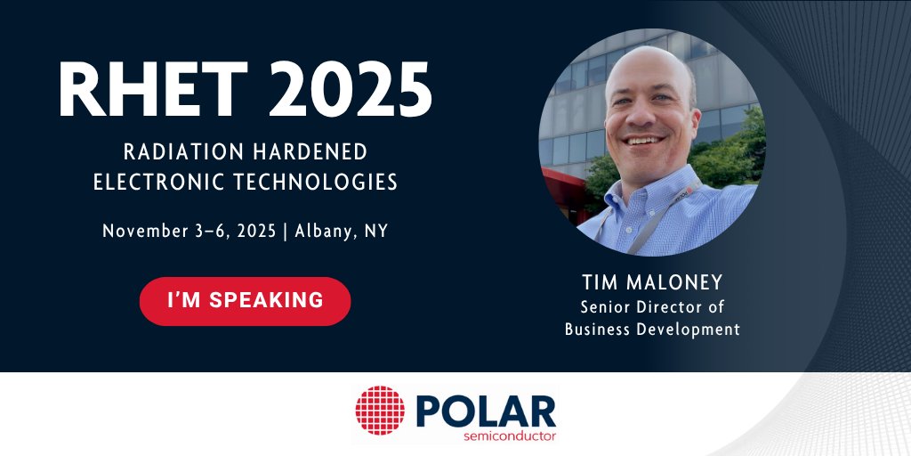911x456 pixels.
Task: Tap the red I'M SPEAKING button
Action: click(x=246, y=300)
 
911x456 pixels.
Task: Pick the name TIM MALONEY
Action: click(x=652, y=283)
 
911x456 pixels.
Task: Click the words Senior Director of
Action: click(x=652, y=307)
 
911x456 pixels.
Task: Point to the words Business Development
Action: click(x=652, y=330)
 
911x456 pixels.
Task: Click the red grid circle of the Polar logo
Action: click(x=380, y=411)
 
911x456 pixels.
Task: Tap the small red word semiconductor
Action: click(x=510, y=436)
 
